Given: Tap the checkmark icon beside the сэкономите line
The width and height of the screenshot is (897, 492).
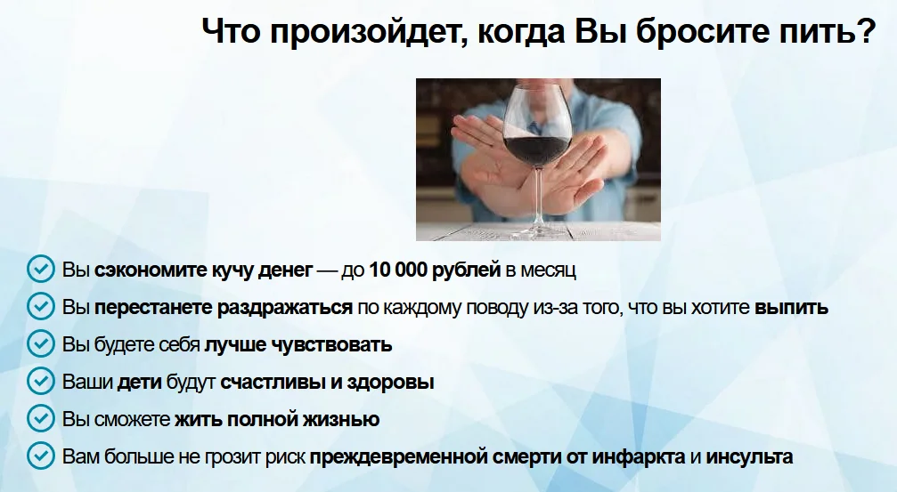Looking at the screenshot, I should tap(40, 269).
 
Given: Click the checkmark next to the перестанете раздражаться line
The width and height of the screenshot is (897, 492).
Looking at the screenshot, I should tap(40, 307).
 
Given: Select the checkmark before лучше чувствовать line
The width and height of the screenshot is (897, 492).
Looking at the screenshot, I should tap(40, 344).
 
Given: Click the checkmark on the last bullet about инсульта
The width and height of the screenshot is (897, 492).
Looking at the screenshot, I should tap(40, 457).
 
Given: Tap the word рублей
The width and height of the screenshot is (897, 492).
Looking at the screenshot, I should tap(469, 269).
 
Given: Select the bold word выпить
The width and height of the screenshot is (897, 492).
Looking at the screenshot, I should tap(791, 307).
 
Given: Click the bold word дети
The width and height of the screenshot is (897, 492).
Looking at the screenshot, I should tap(140, 383).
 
